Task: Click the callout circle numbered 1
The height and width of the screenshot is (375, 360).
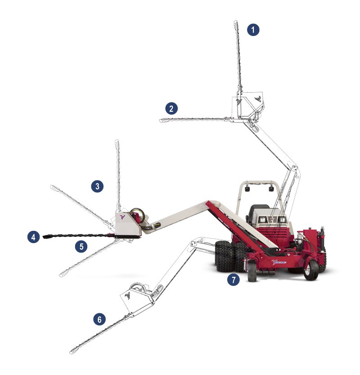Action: click(253, 30)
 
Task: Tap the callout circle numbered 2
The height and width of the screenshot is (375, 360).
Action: click(171, 108)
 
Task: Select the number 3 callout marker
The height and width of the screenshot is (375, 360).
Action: click(97, 186)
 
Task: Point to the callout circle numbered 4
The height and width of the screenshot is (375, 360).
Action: click(33, 237)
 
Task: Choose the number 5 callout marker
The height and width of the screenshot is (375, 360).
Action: click(81, 246)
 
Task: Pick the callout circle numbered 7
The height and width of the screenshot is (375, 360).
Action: click(233, 280)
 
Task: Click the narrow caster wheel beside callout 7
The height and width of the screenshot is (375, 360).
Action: click(252, 271)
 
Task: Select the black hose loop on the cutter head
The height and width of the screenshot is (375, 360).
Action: click(137, 215)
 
